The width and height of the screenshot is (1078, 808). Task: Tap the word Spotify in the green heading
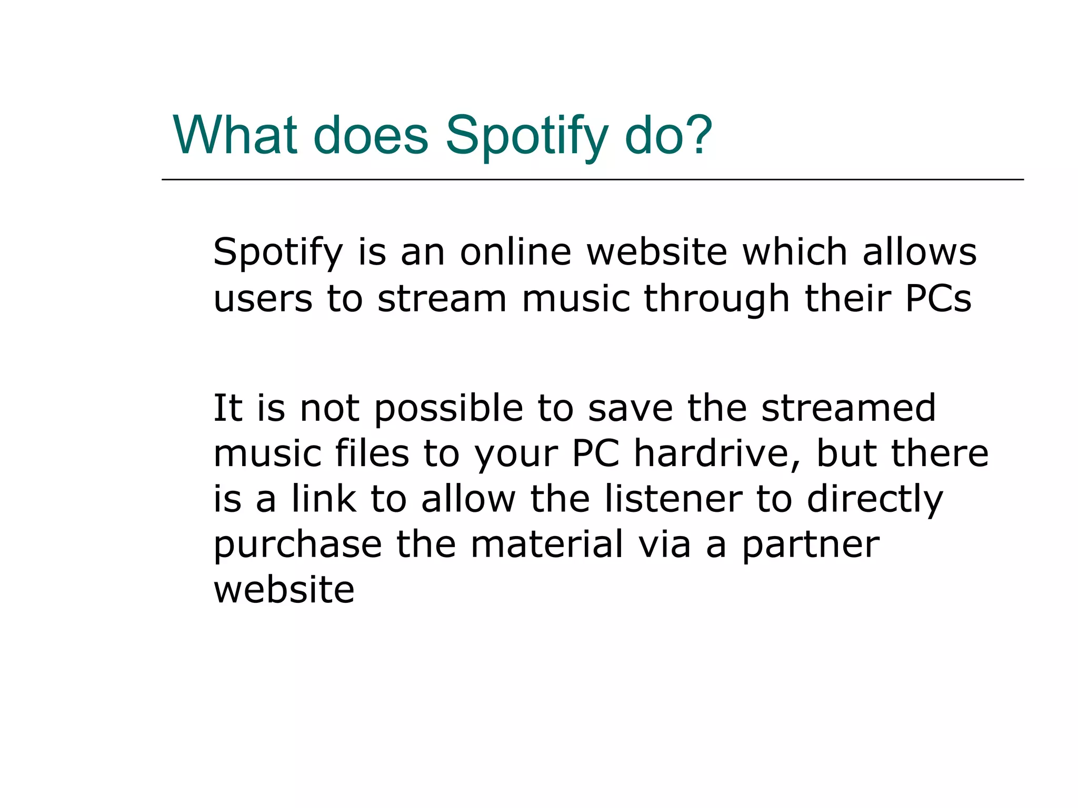(526, 137)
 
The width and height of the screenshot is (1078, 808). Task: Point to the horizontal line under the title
(592, 180)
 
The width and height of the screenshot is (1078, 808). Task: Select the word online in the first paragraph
(515, 251)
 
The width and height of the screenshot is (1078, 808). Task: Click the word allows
(919, 251)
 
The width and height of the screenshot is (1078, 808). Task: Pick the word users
(263, 298)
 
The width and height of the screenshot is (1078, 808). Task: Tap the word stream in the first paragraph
(442, 298)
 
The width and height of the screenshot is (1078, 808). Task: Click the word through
(717, 298)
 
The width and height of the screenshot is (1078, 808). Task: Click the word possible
(448, 409)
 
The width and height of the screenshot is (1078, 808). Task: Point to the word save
(630, 409)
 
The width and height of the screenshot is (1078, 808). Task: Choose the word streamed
(849, 409)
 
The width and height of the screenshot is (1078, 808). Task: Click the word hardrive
(717, 453)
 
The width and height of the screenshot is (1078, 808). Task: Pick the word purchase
(297, 545)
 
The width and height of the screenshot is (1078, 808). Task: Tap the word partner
(811, 545)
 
